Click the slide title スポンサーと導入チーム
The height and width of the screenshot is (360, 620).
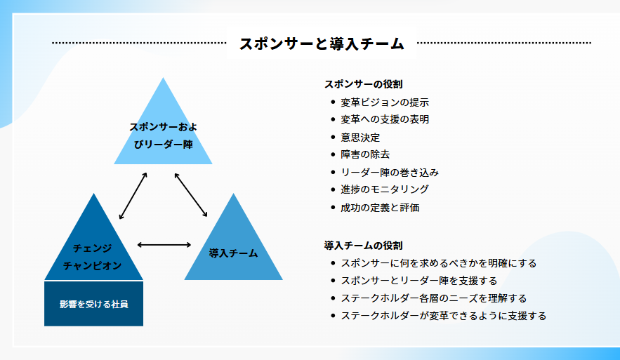coord(322,44)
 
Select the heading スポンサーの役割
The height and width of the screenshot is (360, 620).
coord(364,84)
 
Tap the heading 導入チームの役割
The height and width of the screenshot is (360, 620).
coord(364,246)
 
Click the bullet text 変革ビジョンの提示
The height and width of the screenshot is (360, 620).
coord(385,102)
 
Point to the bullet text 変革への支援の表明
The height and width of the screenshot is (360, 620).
coord(385,119)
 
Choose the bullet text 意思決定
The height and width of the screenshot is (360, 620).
coord(360,138)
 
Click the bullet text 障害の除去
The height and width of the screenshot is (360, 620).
coord(365,154)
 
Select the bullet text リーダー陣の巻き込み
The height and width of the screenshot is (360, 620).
coord(390,173)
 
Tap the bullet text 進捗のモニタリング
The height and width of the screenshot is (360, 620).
coord(385,189)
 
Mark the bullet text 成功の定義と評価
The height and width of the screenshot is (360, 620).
coord(380,208)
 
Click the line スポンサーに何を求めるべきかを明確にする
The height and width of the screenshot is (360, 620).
coord(439,263)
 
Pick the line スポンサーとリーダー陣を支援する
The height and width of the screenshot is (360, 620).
coord(419,281)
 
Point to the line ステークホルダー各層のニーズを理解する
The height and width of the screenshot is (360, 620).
coord(434,298)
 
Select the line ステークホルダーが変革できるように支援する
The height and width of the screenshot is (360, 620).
coord(444,316)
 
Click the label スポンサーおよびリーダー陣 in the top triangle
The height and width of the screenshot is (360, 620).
coord(164,135)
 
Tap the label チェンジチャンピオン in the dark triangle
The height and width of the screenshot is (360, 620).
coord(93,257)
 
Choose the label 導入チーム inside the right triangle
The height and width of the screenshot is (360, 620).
coord(233,253)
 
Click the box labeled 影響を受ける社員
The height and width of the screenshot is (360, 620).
coord(93,303)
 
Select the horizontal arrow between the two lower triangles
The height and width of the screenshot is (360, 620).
coord(164,245)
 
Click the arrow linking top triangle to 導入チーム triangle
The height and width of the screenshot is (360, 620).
coord(191,195)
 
